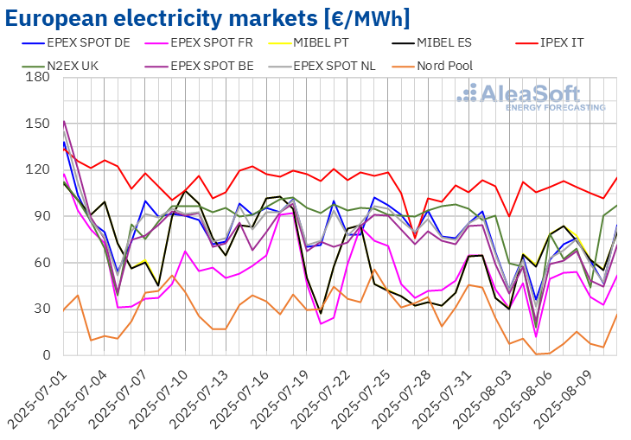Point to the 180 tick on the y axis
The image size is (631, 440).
39,77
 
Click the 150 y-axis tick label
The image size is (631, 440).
39,124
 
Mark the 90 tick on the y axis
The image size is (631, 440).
42,216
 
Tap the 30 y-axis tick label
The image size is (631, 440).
42,309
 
